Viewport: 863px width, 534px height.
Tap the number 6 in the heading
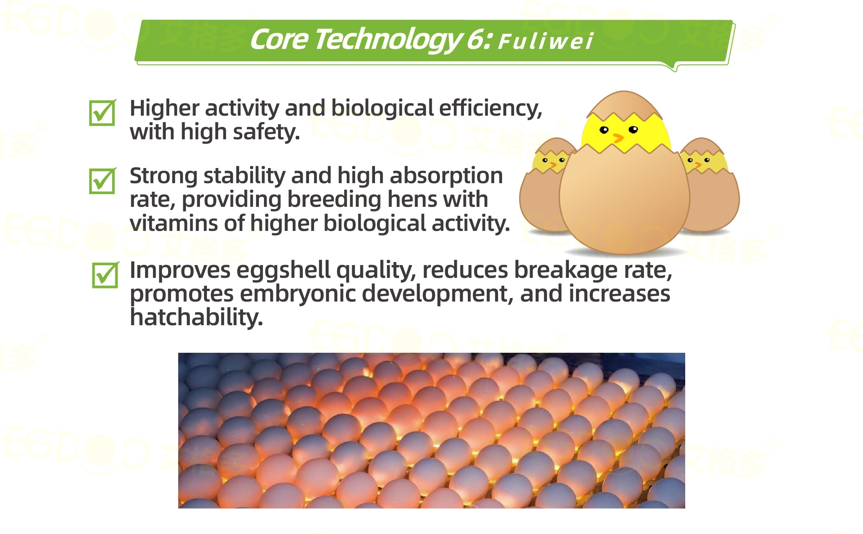(475, 40)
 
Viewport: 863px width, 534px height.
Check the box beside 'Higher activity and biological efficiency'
(102, 113)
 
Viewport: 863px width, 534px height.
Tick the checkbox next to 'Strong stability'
(102, 181)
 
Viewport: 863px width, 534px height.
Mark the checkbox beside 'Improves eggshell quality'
(105, 275)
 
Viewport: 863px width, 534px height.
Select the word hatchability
(196, 317)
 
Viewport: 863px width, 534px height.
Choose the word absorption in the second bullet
(446, 175)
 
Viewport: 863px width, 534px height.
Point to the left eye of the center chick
(604, 130)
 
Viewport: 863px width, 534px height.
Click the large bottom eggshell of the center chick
(624, 202)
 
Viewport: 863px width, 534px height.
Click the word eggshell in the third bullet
(283, 270)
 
